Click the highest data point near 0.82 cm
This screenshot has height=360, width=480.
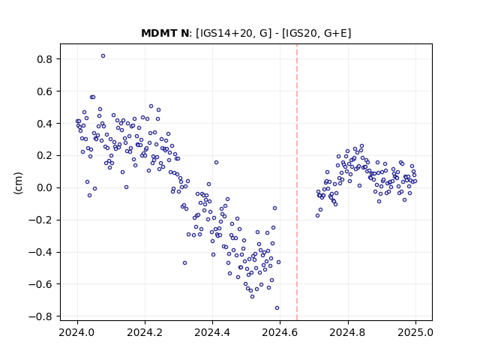[103, 56]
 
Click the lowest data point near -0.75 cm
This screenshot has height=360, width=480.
[277, 308]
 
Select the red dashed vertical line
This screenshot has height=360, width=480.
[297, 182]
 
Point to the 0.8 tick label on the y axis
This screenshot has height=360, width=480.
[44, 59]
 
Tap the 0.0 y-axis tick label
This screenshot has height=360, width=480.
[44, 187]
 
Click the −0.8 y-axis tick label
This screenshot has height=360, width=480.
[40, 316]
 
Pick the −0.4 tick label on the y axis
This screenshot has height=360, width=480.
[40, 252]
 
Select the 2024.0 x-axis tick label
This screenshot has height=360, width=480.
[77, 332]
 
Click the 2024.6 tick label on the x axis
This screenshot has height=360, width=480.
[280, 332]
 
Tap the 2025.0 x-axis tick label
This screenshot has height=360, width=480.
[415, 332]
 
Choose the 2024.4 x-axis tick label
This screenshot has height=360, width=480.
[212, 332]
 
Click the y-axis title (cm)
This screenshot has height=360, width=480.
[18, 183]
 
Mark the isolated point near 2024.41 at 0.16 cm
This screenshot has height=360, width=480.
[217, 163]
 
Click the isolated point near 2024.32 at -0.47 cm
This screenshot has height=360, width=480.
[184, 263]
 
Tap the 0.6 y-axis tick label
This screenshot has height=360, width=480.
[44, 91]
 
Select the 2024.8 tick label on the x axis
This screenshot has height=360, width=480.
[347, 332]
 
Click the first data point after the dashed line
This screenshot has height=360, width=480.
[317, 216]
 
